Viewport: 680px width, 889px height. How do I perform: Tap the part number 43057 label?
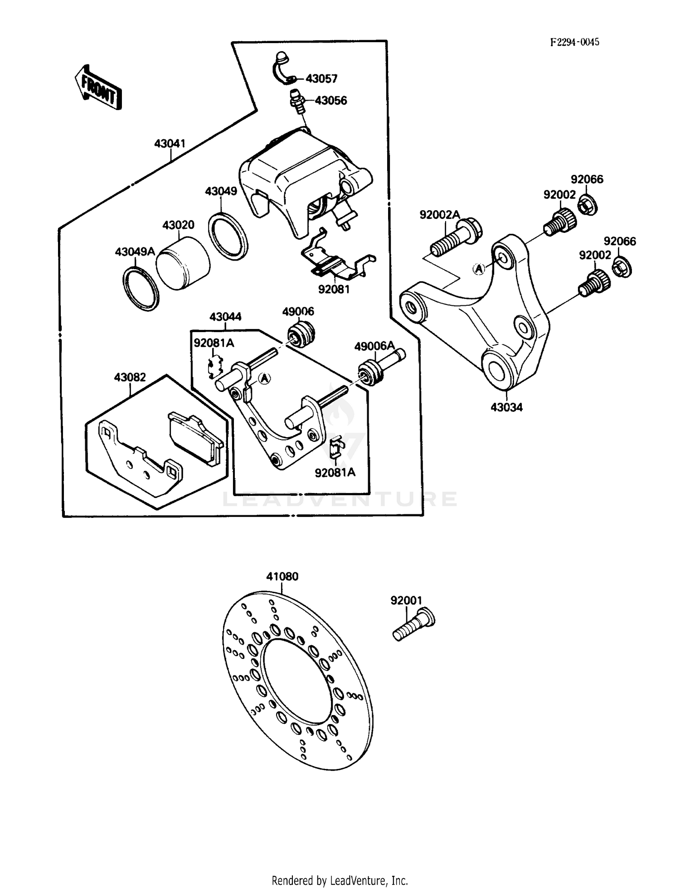(321, 79)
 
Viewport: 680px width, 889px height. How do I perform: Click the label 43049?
(221, 191)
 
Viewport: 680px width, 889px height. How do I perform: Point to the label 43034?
(506, 407)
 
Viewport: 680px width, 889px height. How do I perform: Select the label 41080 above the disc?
(282, 576)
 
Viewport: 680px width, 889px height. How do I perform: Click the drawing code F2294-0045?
(574, 42)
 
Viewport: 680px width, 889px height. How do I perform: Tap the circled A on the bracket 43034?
(479, 269)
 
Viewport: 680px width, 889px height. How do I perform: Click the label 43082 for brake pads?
(130, 377)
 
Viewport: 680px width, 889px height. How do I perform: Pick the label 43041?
(170, 144)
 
